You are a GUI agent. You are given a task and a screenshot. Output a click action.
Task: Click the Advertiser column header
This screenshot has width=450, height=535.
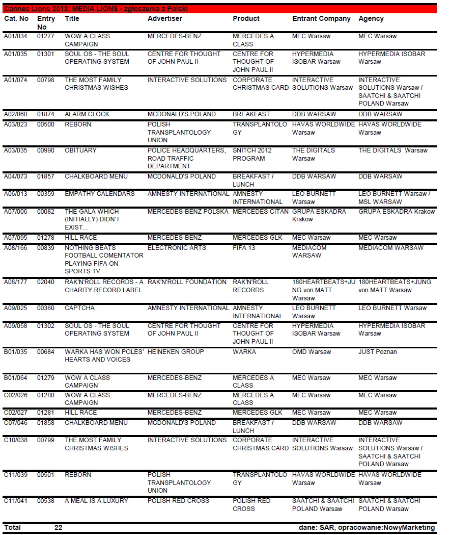164,19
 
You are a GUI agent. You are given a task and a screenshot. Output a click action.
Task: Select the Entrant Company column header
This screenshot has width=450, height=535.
321,19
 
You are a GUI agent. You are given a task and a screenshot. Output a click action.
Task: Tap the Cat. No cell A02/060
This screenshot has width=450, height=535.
15,114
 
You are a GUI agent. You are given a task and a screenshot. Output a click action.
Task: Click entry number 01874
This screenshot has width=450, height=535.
46,114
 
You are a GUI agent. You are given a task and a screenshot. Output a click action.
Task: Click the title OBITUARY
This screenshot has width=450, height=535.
80,150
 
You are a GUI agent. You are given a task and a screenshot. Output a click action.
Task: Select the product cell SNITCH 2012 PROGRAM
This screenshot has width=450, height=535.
252,155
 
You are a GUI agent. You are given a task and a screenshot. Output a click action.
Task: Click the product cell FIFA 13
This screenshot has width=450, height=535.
244,248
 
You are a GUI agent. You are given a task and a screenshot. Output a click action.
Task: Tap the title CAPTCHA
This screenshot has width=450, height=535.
79,308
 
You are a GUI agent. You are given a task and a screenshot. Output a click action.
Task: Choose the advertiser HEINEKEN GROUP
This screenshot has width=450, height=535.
176,352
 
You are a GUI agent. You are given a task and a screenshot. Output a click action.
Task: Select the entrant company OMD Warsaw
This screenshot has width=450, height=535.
312,352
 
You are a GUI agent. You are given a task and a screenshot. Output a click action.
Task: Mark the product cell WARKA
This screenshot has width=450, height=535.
244,352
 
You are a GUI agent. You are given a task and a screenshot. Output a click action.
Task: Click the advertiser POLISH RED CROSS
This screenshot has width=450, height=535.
178,501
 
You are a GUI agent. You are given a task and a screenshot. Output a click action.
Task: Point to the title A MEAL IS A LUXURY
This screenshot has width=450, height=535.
97,501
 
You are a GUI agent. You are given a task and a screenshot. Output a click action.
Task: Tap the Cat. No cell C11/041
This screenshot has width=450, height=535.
15,501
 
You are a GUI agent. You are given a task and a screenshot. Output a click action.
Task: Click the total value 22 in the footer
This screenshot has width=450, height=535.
58,528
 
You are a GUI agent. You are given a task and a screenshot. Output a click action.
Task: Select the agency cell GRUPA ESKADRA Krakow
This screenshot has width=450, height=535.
397,212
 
